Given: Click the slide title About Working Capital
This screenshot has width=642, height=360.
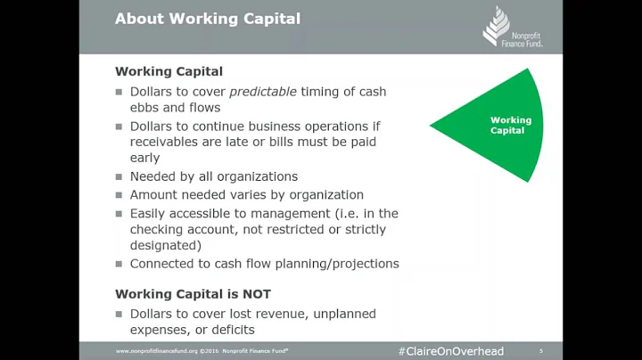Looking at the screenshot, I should (x=208, y=19).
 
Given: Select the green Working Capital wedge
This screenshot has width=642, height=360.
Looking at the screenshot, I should (x=499, y=125).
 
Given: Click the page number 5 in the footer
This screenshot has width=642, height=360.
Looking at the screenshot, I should (x=541, y=351).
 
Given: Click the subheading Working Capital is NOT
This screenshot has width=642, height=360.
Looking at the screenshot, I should (x=193, y=294).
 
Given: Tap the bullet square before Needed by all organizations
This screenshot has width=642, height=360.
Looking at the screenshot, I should (x=119, y=177).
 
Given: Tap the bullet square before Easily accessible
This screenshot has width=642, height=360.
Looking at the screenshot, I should (x=119, y=214).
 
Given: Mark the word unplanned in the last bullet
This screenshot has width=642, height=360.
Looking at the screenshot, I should (x=342, y=314).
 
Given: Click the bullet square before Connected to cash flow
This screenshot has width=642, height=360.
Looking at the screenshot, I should (x=119, y=265).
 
